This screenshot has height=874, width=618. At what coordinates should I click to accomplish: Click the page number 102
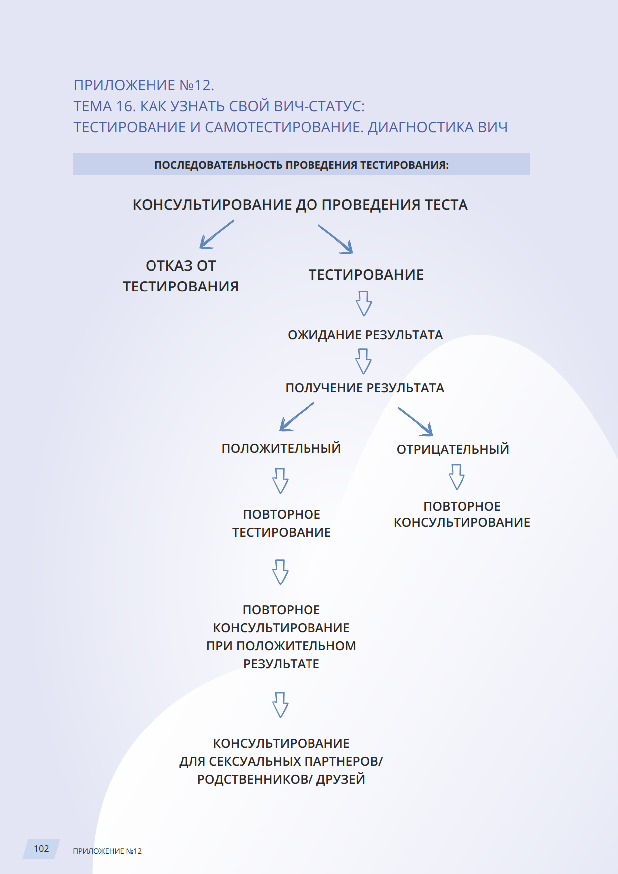41,848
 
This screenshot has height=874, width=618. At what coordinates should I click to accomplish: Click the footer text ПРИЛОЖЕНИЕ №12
107,851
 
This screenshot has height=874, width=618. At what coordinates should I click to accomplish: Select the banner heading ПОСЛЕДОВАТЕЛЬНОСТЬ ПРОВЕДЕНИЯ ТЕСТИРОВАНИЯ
301,165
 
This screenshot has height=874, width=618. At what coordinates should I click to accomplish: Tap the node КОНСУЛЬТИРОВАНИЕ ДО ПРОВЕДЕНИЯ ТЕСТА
300,205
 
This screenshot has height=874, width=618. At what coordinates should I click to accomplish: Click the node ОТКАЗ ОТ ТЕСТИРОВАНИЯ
180,276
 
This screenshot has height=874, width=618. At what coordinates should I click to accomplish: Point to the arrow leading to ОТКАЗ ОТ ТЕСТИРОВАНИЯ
216,234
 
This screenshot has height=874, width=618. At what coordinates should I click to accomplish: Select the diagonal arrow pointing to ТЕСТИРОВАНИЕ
336,239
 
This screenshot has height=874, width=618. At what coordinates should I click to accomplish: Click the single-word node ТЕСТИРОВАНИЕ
366,275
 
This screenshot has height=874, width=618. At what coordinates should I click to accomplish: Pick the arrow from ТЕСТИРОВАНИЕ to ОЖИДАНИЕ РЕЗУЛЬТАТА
364,303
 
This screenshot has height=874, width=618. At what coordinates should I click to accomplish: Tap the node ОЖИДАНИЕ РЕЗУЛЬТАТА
365,335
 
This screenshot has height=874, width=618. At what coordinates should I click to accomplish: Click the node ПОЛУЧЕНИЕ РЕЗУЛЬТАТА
364,388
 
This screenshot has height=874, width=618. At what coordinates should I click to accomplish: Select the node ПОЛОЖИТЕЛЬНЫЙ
281,448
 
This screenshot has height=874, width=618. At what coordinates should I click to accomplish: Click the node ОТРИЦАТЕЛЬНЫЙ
453,449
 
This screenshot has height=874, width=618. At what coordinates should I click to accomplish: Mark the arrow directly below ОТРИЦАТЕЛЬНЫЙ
457,477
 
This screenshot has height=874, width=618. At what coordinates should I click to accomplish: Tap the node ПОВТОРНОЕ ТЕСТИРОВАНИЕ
282,523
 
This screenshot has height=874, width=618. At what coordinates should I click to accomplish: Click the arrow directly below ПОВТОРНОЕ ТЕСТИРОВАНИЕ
280,572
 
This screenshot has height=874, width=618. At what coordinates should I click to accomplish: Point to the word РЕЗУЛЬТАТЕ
281,664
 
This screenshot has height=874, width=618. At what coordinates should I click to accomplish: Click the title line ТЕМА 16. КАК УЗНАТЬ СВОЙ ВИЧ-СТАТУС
219,106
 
